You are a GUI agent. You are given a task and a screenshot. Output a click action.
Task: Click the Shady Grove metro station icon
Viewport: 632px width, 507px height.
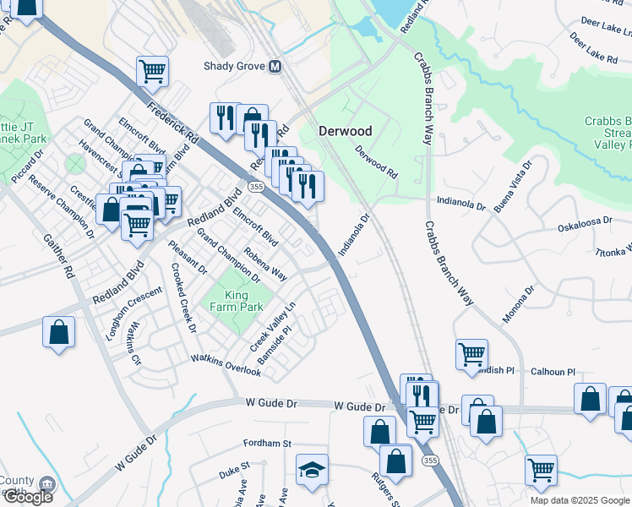(x=275, y=66)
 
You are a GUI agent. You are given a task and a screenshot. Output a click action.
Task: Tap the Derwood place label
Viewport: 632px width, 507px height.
(x=345, y=131)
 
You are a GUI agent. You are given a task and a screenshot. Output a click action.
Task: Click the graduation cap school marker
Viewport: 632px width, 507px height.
(x=312, y=470)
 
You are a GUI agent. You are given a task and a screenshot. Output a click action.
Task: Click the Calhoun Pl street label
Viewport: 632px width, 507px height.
(x=553, y=372)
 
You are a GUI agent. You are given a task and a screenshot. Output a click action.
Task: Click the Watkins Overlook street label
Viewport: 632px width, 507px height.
(x=226, y=365)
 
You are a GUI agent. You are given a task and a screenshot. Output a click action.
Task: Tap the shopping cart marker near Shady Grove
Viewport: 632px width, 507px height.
(x=152, y=71)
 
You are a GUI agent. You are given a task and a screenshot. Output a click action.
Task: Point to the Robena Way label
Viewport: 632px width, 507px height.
(x=265, y=264)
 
